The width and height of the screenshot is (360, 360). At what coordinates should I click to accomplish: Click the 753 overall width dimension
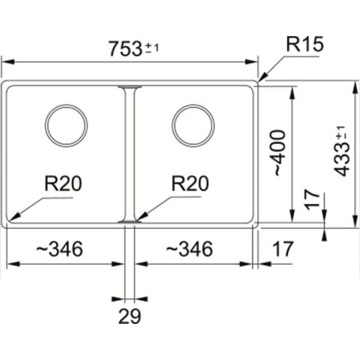pyautogui.click(x=125, y=49)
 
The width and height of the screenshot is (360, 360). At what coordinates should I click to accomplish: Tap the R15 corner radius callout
pyautogui.click(x=304, y=44)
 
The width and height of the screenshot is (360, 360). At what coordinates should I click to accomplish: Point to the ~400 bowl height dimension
pyautogui.click(x=279, y=152)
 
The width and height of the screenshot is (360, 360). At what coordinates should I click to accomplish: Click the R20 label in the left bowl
pyautogui.click(x=63, y=183)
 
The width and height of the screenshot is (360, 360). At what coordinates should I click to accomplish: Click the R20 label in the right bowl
pyautogui.click(x=190, y=183)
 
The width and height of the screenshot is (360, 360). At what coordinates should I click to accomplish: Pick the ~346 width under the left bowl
pyautogui.click(x=59, y=249)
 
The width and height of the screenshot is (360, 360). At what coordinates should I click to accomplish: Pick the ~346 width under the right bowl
pyautogui.click(x=190, y=249)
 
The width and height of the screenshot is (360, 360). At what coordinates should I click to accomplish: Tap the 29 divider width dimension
pyautogui.click(x=130, y=316)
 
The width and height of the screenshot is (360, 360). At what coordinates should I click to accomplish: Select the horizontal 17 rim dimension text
pyautogui.click(x=282, y=249)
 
